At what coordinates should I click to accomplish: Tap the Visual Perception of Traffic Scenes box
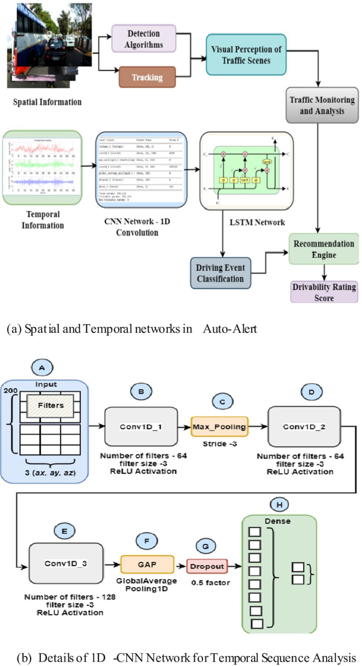click(247, 54)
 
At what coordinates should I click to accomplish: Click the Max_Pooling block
click(220, 426)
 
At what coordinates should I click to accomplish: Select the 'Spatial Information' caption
click(48, 101)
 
